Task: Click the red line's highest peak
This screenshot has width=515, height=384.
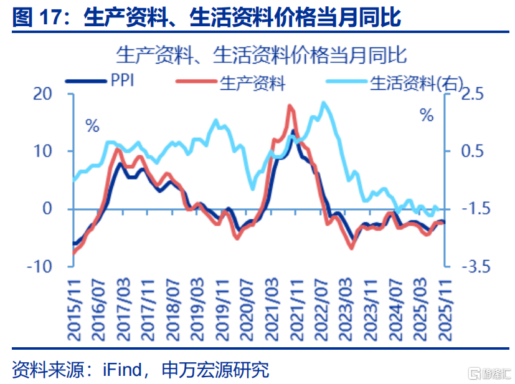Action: (x=290, y=106)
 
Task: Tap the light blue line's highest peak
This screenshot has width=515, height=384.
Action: (x=323, y=103)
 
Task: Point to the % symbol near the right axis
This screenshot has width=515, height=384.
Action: (x=427, y=115)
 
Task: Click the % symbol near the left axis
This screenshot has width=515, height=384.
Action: (x=93, y=127)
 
